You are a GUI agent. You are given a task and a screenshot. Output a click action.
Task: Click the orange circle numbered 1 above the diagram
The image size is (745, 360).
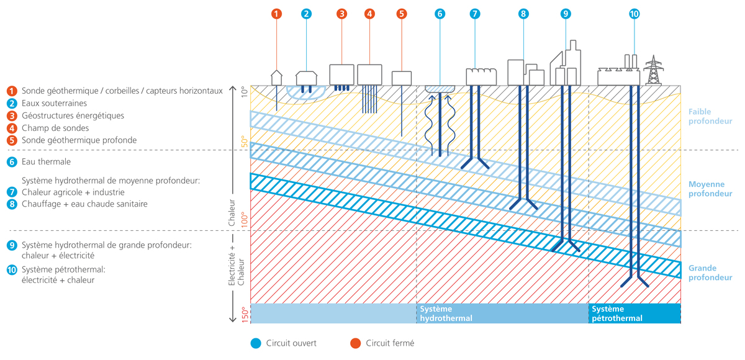[276, 14]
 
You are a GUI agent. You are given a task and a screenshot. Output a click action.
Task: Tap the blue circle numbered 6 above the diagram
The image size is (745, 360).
[440, 14]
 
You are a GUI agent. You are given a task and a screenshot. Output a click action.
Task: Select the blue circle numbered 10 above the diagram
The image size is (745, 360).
[634, 14]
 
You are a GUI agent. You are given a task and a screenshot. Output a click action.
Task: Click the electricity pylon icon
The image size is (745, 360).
[654, 70]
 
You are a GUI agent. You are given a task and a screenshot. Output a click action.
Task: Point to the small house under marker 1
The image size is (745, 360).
[276, 78]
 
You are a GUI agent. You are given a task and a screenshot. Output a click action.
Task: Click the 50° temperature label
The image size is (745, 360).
[245, 142]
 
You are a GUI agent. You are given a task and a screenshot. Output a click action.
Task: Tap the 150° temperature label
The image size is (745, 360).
[245, 315]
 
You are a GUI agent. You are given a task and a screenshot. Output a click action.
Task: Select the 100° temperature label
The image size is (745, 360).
[245, 220]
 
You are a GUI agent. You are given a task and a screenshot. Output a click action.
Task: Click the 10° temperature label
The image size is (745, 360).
[245, 92]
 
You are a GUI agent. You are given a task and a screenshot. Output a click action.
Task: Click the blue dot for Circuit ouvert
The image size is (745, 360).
[256, 343]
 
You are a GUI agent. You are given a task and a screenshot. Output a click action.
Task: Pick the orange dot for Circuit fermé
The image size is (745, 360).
[356, 343]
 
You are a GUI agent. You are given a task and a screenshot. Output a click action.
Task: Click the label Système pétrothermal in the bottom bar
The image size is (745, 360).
[617, 313]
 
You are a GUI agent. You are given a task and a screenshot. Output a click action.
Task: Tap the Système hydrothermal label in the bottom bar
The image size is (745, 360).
[446, 313]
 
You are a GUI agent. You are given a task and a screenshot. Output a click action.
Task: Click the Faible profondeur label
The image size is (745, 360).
[710, 116]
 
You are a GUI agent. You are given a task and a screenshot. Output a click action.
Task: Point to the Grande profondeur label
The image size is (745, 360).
[710, 272]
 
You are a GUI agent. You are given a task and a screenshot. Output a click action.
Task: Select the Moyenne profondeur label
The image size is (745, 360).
[710, 189]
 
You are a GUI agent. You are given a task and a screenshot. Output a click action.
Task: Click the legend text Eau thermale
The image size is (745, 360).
[46, 162]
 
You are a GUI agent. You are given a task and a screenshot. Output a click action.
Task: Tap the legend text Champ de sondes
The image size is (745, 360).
[55, 128]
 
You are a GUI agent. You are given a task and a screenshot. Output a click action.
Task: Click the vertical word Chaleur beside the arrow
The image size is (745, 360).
[232, 213]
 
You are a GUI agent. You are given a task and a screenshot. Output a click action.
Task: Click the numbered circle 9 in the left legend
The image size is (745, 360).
[12, 245]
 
